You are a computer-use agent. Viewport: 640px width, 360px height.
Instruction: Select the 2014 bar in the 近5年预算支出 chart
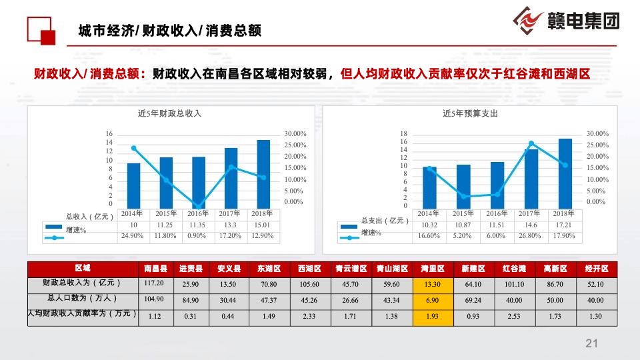coord(430,187)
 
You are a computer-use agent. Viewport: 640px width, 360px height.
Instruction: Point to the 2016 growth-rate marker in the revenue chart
coord(197,207)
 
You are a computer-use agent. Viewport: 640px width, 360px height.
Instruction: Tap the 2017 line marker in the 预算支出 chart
coord(531,143)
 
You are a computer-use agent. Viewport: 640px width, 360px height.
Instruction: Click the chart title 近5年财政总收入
coord(169,113)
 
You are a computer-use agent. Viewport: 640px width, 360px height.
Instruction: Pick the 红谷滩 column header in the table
coord(513,269)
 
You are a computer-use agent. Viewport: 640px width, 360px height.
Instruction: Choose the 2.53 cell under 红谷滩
coord(513,315)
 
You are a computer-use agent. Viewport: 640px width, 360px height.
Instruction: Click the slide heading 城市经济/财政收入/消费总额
coord(169,30)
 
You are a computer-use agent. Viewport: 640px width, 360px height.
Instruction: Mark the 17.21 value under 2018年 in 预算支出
coord(563,225)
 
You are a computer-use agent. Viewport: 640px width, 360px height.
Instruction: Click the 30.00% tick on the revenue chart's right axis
coord(295,134)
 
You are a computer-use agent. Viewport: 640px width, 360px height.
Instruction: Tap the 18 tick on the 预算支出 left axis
coord(403,134)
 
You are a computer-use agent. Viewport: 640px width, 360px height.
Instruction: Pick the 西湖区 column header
coord(307,269)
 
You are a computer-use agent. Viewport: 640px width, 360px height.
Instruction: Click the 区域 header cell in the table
coord(83,268)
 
